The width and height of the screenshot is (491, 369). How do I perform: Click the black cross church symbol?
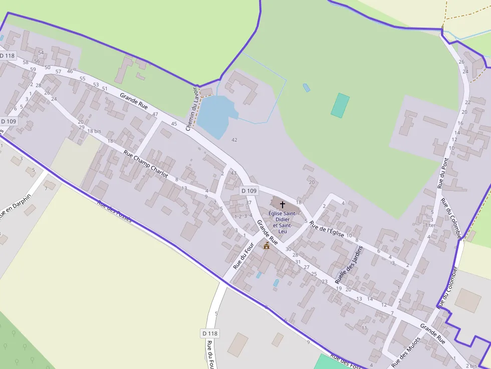282,204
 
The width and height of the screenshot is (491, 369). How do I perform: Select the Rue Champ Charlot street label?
146,164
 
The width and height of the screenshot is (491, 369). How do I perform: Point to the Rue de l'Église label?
327,229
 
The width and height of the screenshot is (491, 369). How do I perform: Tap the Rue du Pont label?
443,173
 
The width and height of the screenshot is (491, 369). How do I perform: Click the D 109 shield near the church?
249,191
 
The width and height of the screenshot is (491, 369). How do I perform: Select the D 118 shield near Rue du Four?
210,333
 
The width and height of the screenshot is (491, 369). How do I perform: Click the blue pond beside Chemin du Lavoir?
215,115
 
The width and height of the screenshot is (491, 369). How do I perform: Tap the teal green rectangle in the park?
340,105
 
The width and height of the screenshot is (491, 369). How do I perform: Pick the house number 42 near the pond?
234,140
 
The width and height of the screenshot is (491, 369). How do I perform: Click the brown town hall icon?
267,245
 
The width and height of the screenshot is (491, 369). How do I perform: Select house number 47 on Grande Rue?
155,115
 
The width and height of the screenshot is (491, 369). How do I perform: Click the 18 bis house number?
94,131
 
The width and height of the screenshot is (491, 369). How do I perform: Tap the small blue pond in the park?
306,88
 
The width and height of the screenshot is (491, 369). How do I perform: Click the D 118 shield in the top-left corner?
7,56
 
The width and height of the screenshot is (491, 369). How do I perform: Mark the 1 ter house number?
430,225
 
